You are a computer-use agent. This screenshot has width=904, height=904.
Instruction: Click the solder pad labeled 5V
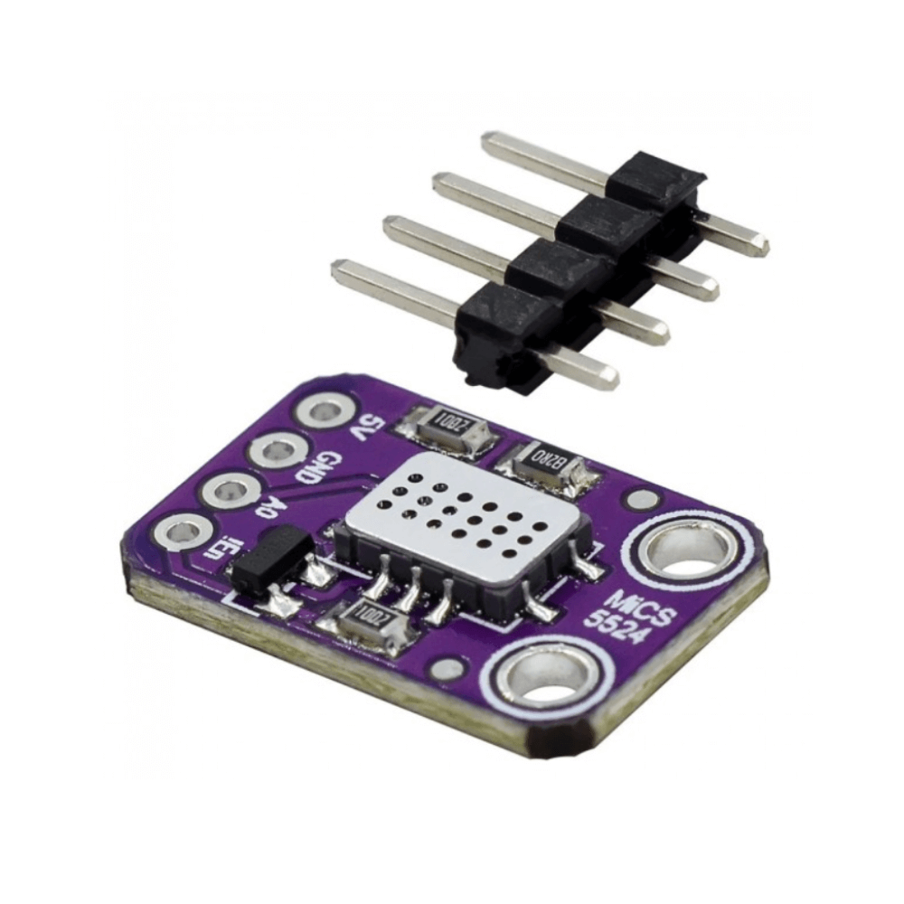click(x=323, y=412)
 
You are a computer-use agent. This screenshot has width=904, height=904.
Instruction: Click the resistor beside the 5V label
click(x=446, y=423)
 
